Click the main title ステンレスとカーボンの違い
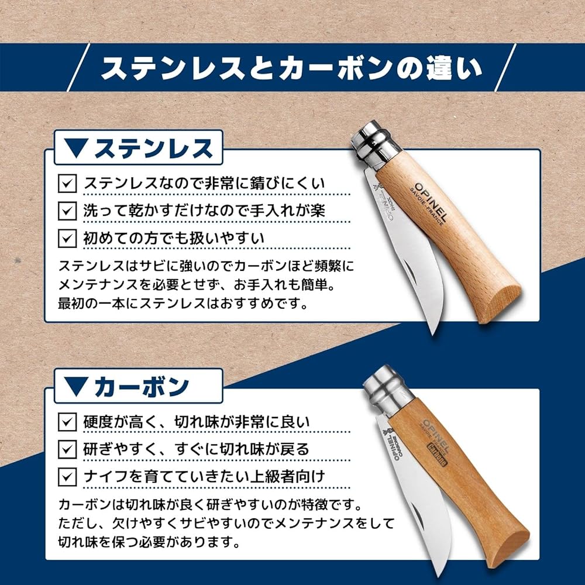291,68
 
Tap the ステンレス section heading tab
139,147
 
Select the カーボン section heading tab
139,386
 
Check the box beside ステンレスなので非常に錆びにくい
67,184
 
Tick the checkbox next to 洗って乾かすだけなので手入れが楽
67,211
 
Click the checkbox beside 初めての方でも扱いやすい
67,238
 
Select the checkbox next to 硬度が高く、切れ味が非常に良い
67,422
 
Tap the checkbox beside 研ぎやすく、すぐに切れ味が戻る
67,449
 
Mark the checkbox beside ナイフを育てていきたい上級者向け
67,477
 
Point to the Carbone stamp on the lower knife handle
437,455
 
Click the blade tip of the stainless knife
433,334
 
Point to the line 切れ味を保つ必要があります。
149,542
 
